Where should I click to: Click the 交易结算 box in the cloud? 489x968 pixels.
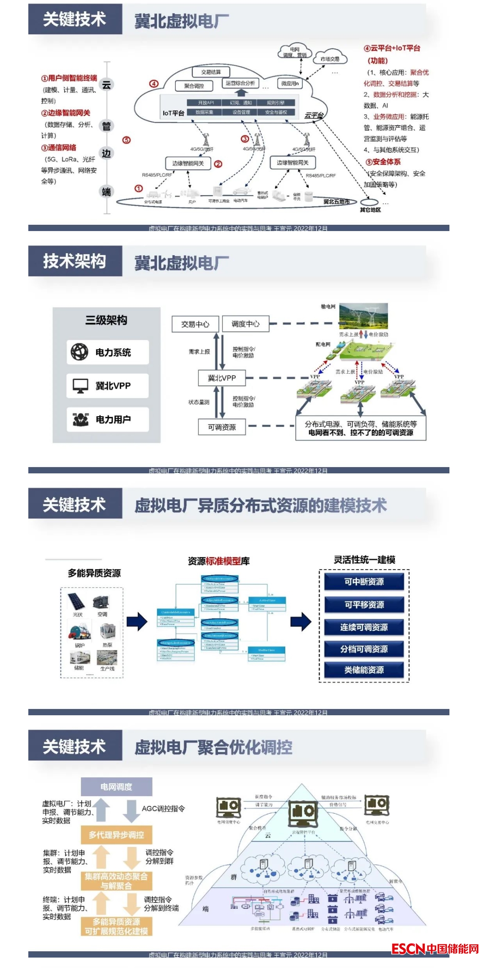[211, 72]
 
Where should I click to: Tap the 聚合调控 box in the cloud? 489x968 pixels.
[194, 86]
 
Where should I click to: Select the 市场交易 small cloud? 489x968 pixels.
[330, 59]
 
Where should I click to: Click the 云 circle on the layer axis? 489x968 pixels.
[107, 85]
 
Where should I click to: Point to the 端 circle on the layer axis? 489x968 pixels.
[107, 191]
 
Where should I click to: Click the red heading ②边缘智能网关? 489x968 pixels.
[66, 113]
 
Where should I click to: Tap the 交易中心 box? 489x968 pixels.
[195, 324]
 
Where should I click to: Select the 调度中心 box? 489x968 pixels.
[245, 324]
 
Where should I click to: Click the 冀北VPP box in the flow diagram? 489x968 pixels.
[222, 378]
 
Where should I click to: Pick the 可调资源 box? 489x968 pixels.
[222, 427]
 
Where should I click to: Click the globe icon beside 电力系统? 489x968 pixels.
[79, 352]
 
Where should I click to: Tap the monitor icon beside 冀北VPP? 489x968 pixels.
[80, 385]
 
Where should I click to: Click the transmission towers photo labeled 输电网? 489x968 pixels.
[363, 316]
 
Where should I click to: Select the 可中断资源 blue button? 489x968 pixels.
[364, 581]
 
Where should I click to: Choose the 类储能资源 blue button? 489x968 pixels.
[364, 670]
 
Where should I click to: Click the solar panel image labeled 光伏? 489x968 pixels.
[77, 601]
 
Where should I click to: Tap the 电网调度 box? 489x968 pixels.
[116, 787]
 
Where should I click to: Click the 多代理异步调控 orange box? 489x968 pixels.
[116, 835]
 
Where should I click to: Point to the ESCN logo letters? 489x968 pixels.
[408, 949]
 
